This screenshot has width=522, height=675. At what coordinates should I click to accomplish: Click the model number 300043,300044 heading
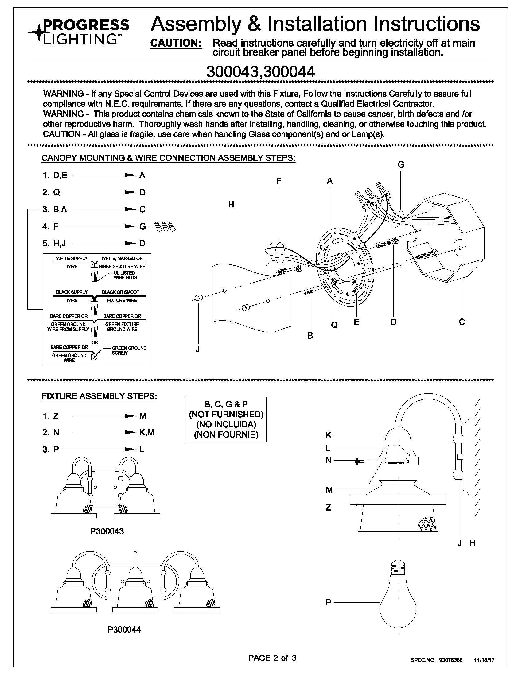click(x=260, y=72)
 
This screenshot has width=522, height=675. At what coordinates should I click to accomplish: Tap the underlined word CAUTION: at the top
click(x=176, y=43)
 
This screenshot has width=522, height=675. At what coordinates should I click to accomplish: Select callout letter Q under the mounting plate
click(x=334, y=325)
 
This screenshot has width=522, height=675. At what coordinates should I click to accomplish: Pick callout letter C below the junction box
click(x=462, y=322)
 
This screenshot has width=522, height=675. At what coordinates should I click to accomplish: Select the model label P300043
click(x=107, y=531)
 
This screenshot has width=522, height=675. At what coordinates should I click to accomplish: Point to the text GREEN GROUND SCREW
click(x=129, y=350)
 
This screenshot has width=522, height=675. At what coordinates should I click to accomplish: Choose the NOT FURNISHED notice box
click(x=225, y=419)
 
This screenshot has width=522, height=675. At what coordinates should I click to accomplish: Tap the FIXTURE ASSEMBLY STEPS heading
click(x=99, y=396)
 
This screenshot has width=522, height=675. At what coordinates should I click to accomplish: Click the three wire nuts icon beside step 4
click(x=165, y=227)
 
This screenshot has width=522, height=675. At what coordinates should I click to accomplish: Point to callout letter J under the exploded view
click(x=197, y=349)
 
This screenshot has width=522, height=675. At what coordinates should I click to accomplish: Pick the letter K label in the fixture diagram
click(x=329, y=435)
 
